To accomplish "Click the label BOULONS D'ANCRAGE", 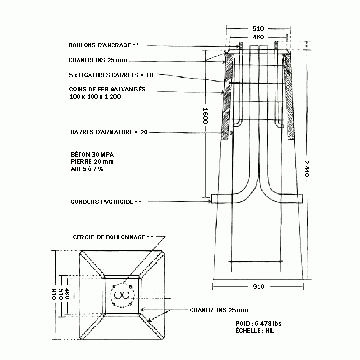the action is tap(100, 45).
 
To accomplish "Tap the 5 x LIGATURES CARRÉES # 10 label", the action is tap(111, 75).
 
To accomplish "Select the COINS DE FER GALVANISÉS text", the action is tap(107, 89).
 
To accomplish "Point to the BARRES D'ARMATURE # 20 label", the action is tap(109, 132).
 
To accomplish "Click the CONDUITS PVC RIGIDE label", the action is tap(101, 202).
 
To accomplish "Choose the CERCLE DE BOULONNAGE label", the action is tap(109, 237).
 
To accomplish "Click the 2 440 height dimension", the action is tap(307, 169).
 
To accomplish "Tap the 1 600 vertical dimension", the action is tap(205, 115).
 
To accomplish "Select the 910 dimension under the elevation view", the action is tap(259, 287).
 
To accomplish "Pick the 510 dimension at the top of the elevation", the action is tap(258, 28).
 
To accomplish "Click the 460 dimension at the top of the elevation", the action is tap(258, 37).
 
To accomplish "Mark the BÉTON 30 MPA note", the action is tap(92, 154).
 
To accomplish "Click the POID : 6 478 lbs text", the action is tap(259, 323).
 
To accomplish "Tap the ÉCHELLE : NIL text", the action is tap(255, 331).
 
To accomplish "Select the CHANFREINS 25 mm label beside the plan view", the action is tap(219, 310).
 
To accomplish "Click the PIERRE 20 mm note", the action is tap(92, 162).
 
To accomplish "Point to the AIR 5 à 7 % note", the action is tap(87, 169).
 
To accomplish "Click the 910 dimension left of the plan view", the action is tap(54, 294).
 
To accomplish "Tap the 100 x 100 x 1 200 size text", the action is tap(95, 96).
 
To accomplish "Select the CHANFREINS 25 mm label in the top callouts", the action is tap(98, 60).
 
